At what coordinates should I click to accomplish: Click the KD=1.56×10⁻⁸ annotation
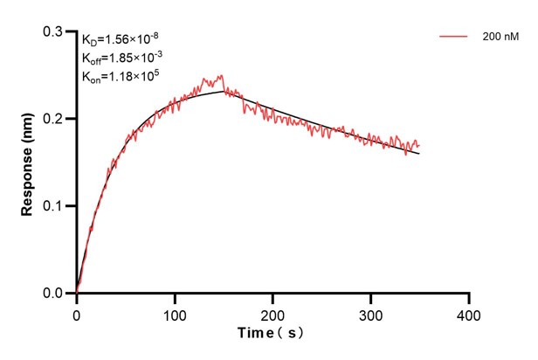coord(121,39)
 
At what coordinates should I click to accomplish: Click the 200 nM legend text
coord(499,38)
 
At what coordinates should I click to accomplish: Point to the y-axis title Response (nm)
coord(28,162)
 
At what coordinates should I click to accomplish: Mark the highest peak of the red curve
coord(222,75)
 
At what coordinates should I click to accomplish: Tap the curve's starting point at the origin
coord(77,293)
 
